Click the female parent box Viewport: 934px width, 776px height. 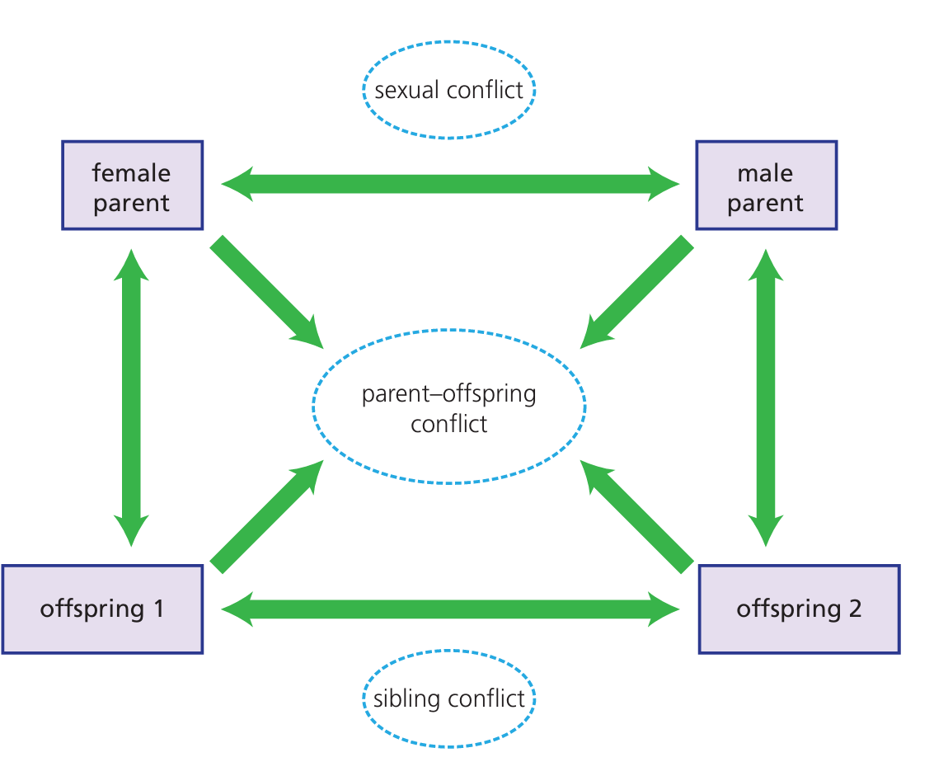click(x=132, y=185)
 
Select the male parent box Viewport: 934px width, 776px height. click(x=766, y=185)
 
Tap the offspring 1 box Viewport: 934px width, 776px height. click(x=102, y=609)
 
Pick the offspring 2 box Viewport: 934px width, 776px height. click(x=799, y=609)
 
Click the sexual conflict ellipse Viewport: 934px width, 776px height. click(x=449, y=89)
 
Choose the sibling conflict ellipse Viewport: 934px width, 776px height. click(x=449, y=699)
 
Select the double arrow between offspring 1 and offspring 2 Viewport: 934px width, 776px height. click(x=449, y=609)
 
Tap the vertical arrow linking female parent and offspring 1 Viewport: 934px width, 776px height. click(x=132, y=397)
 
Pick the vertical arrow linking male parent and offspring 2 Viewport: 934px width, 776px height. click(x=766, y=397)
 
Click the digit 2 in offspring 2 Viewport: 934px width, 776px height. click(x=854, y=609)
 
